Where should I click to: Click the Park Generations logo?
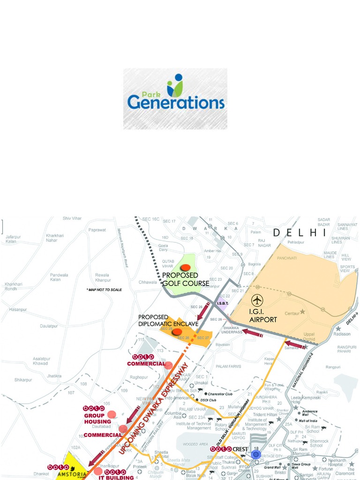tap(175, 98)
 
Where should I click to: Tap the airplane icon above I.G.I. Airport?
tap(257, 300)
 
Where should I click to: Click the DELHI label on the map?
tap(300, 232)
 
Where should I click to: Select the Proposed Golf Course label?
tap(186, 279)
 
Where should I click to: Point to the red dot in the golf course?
tap(186, 268)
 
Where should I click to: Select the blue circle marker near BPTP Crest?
tap(255, 454)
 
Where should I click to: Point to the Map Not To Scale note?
tap(104, 290)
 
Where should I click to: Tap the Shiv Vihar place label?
tap(73, 218)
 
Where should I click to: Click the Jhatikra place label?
tap(54, 376)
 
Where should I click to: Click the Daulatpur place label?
tap(49, 325)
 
